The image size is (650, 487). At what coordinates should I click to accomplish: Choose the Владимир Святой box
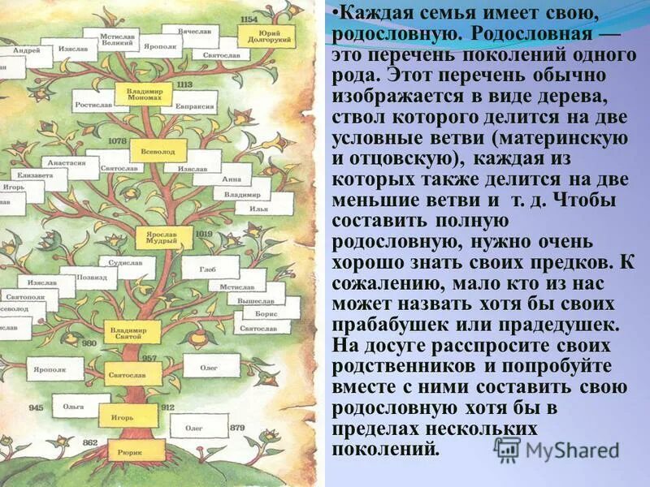coord(130,332)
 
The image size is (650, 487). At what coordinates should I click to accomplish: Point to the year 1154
coord(249,19)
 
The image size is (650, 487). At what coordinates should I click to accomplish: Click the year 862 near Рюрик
coord(89,443)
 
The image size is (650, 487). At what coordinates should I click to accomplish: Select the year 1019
coord(203,234)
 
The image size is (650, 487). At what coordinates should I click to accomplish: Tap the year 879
coord(236,427)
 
